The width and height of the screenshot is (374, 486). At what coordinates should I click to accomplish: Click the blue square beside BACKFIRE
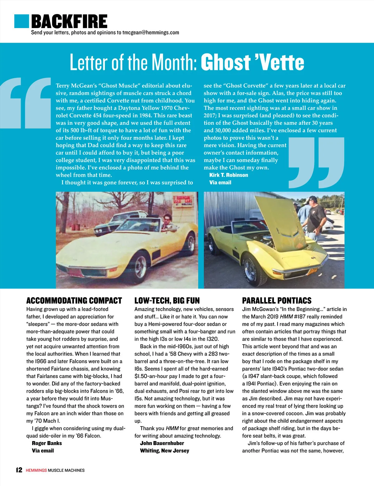pos(22,21)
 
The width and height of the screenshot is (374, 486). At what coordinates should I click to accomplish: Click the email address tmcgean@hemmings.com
pos(151,32)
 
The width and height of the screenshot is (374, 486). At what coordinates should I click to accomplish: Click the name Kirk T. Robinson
pos(228,175)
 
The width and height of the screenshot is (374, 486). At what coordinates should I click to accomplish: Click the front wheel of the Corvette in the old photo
pos(141,265)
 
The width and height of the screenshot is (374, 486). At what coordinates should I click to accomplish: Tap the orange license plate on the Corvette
pos(312,270)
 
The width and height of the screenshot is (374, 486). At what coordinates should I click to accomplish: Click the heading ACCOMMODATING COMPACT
pos(74,300)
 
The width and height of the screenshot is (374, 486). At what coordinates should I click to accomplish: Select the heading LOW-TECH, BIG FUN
pos(167,300)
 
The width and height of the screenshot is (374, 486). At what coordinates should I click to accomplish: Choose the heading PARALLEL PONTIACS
pos(276,300)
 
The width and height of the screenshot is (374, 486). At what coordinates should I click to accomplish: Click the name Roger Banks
pos(47,443)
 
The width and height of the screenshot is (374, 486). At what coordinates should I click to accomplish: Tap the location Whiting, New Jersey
pos(164,450)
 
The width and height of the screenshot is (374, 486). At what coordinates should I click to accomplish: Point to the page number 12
pos(19,470)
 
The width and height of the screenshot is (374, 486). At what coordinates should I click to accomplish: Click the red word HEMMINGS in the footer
pos(36,470)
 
